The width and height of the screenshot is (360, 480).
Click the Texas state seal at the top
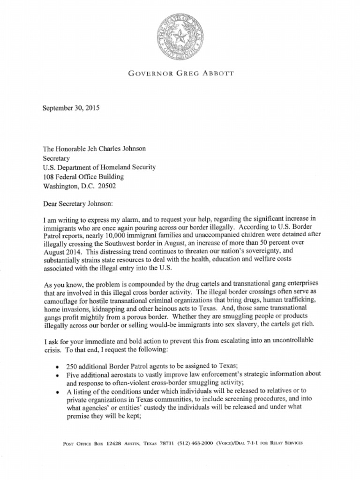pos(180,37)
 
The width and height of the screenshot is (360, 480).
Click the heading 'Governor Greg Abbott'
pos(180,74)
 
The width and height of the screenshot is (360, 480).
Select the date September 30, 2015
pos(71,108)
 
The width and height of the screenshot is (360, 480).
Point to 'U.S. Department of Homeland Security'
pos(99,167)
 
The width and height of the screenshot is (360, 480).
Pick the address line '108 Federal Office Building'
pos(83,176)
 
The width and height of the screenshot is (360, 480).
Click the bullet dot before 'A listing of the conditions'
pos(57,392)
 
